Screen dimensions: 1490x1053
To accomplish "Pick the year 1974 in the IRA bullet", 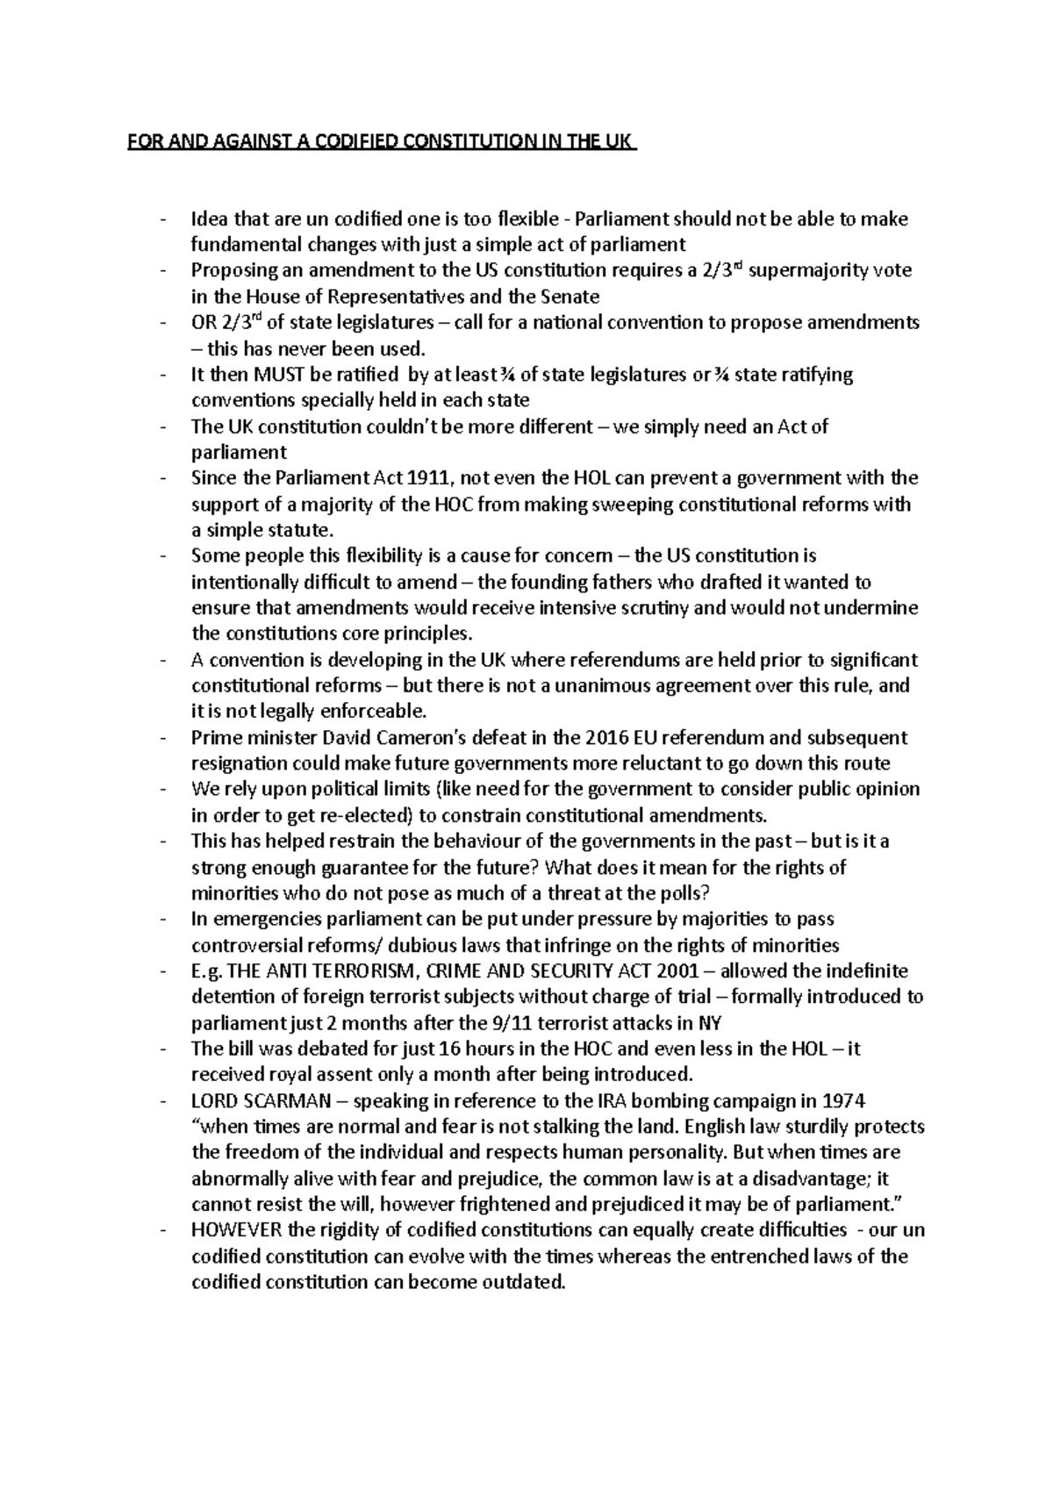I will (842, 1100).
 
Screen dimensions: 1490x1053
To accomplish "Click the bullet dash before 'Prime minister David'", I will (164, 737).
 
